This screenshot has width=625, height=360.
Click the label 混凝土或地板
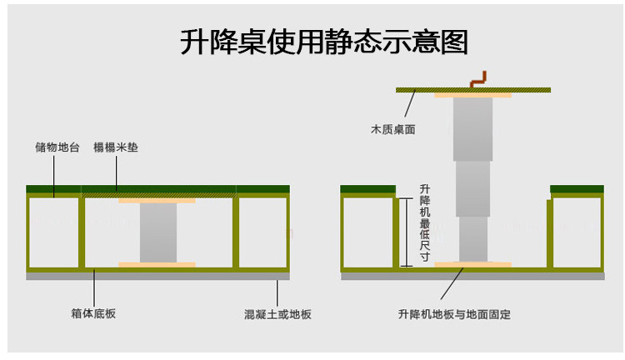(x=277, y=314)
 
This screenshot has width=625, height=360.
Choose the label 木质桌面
(x=392, y=130)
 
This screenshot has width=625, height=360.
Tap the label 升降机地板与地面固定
(x=454, y=314)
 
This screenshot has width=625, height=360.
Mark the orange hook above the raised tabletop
(x=478, y=79)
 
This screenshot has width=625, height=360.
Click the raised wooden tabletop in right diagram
(x=417, y=89)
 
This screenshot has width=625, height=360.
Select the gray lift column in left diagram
(x=157, y=232)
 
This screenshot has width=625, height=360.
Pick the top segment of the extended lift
(x=472, y=128)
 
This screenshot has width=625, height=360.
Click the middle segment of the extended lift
(x=472, y=188)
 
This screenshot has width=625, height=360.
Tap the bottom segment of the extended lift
(x=472, y=239)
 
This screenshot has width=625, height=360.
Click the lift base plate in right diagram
(x=472, y=265)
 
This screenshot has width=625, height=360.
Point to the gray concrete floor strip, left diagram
(x=157, y=276)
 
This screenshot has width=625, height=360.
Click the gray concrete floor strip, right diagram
(x=472, y=276)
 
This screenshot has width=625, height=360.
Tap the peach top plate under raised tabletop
(x=472, y=95)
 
